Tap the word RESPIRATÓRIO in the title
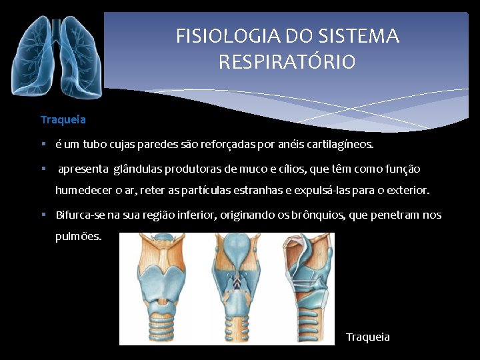[x=287, y=63]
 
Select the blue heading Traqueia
[x=63, y=120]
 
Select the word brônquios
[x=322, y=215]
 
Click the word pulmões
[x=79, y=237]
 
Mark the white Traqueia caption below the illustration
[x=368, y=337]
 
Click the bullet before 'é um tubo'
[x=43, y=143]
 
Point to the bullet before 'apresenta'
[x=43, y=169]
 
